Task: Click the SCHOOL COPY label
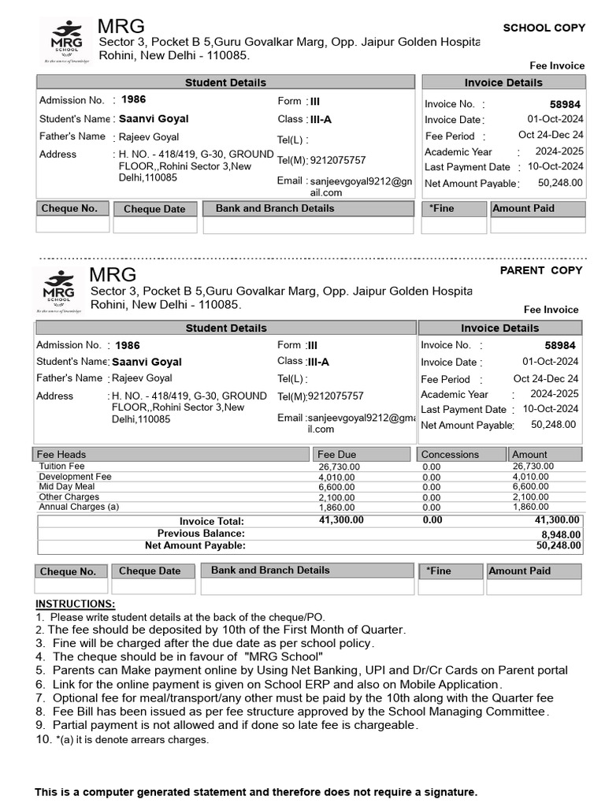tap(544, 28)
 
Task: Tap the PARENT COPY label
tap(541, 270)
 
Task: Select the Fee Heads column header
tap(61, 455)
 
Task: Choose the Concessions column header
tap(450, 455)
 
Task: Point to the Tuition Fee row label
tap(61, 467)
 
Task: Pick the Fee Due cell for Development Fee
tap(338, 477)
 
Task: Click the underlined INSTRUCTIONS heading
tap(75, 604)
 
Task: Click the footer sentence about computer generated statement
tap(256, 791)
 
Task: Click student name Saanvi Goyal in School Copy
tap(154, 119)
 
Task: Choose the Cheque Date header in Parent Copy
tap(150, 571)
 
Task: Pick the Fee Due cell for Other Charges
tap(336, 497)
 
